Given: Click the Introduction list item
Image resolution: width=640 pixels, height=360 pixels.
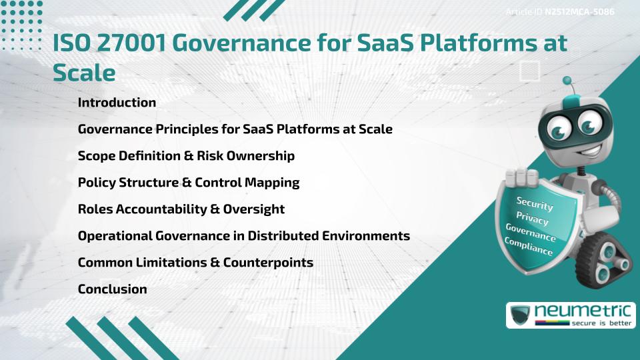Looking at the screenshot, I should click(117, 103).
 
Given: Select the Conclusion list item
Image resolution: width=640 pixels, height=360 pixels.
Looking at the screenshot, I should click(112, 289).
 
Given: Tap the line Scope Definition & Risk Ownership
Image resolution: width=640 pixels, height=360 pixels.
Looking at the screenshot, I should click(186, 156).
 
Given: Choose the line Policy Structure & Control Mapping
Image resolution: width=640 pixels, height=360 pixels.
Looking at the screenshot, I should click(189, 183).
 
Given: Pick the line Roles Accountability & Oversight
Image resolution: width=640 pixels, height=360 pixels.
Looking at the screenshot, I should click(181, 209).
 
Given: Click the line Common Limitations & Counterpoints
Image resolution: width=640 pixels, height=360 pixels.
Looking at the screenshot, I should click(195, 263).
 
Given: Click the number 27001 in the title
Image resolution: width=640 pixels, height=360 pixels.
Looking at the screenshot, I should click(133, 43).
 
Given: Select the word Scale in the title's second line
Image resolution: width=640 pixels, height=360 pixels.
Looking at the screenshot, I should click(84, 72).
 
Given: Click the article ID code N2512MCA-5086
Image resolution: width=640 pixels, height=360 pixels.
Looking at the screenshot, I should click(579, 12).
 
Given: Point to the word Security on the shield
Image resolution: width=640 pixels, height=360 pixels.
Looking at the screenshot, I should click(535, 203).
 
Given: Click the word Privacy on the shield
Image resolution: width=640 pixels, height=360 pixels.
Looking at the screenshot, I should click(532, 219).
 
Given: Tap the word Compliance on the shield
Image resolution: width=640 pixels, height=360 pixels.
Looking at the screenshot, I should click(528, 246).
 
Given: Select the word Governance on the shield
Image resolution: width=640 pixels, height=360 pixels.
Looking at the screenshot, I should click(530, 232).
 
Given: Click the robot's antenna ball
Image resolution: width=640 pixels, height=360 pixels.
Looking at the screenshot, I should click(568, 81).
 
